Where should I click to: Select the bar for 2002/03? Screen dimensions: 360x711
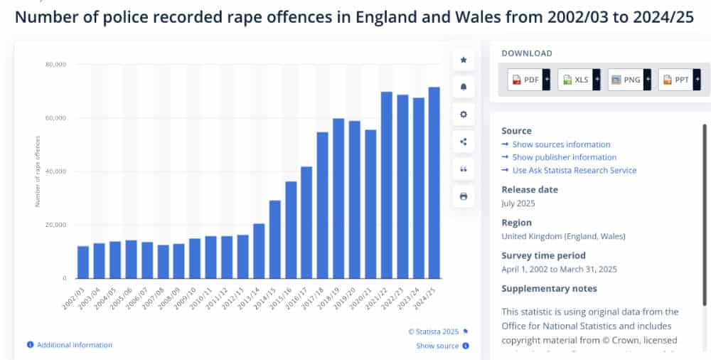click(83, 262)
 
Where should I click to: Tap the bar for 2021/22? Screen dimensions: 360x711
click(386, 185)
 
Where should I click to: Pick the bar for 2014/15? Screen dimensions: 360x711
click(274, 239)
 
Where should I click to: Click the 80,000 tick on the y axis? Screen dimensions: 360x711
click(55, 65)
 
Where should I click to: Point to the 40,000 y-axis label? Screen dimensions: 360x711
click(55, 171)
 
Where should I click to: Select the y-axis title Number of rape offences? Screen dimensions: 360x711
click(37, 171)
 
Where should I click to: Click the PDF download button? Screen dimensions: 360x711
click(525, 80)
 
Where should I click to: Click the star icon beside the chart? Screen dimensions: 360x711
click(464, 60)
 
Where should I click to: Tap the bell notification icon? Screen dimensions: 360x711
click(464, 87)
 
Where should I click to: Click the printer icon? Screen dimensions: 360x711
click(464, 196)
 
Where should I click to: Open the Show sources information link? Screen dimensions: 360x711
click(561, 144)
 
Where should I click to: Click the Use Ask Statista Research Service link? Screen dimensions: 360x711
click(574, 170)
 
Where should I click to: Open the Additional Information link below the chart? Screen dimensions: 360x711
click(74, 345)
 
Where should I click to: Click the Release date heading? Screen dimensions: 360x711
click(530, 190)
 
